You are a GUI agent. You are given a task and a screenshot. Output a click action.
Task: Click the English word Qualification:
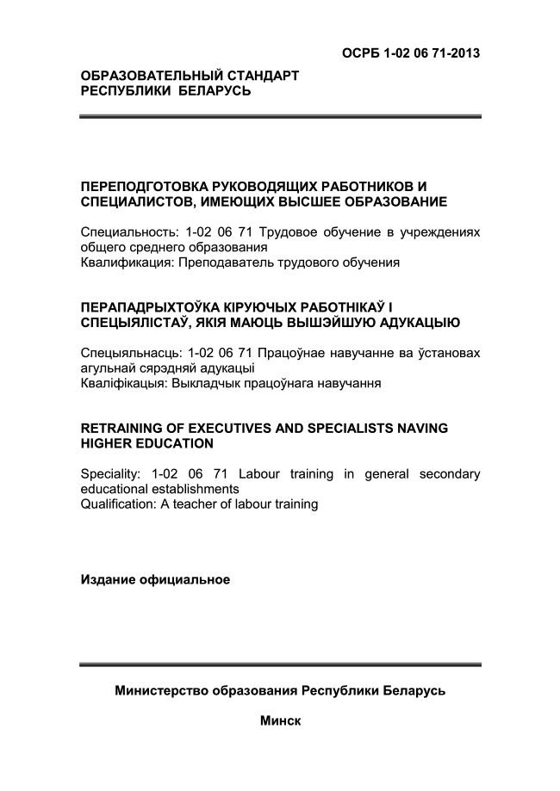tap(118, 504)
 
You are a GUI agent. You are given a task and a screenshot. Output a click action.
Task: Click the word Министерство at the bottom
tap(164, 691)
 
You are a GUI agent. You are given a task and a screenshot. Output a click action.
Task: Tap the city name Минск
tap(280, 720)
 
